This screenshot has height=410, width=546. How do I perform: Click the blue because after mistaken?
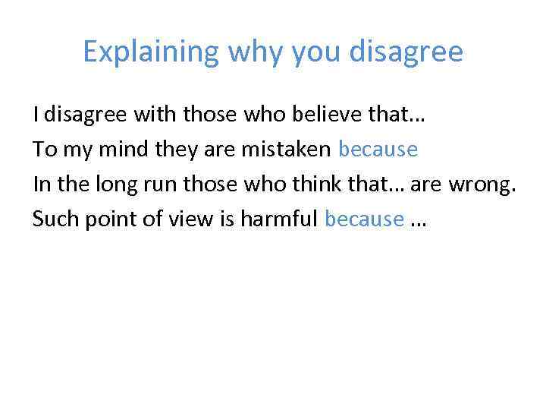(x=378, y=150)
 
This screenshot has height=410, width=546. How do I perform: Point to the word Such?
(x=52, y=219)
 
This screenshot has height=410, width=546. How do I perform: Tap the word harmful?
(x=282, y=219)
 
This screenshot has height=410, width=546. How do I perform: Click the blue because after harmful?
(x=364, y=219)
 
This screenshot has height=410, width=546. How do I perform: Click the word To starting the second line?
(x=43, y=150)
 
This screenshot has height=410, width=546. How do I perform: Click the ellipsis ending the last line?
(x=419, y=222)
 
